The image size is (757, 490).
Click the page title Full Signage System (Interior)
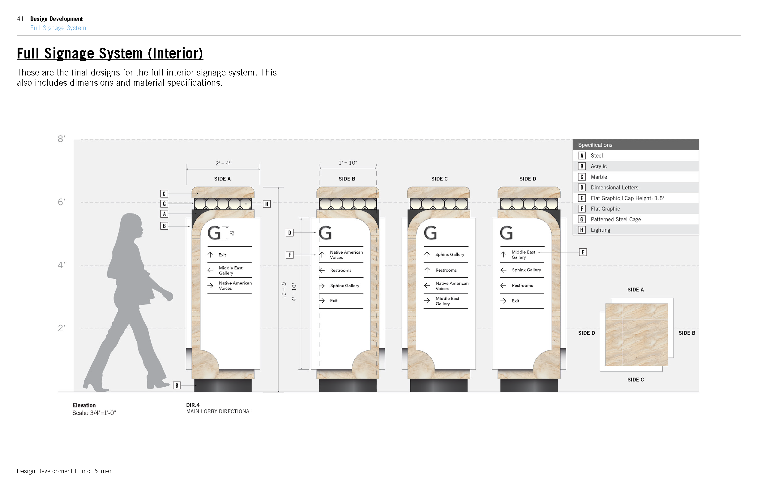(110, 53)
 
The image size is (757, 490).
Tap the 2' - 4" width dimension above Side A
(223, 163)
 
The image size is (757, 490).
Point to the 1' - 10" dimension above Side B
(348, 163)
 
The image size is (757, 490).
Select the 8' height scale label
(62, 139)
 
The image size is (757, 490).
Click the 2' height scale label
(62, 328)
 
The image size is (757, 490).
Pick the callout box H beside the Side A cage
(267, 204)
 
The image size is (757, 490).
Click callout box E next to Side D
(583, 252)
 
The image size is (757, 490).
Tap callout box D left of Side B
(289, 233)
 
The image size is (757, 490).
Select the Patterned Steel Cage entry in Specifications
(615, 219)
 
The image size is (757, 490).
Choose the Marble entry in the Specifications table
(599, 177)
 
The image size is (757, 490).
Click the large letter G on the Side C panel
(430, 233)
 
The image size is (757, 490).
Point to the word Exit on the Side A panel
(222, 255)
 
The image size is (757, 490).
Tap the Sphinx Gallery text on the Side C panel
(450, 255)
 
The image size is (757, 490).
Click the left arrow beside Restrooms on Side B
(322, 270)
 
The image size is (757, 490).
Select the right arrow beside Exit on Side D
(503, 301)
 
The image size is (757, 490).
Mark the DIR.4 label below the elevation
(193, 405)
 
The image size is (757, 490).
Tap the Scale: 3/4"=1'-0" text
(94, 413)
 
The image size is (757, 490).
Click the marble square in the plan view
(636, 335)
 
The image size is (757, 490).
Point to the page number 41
(20, 19)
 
